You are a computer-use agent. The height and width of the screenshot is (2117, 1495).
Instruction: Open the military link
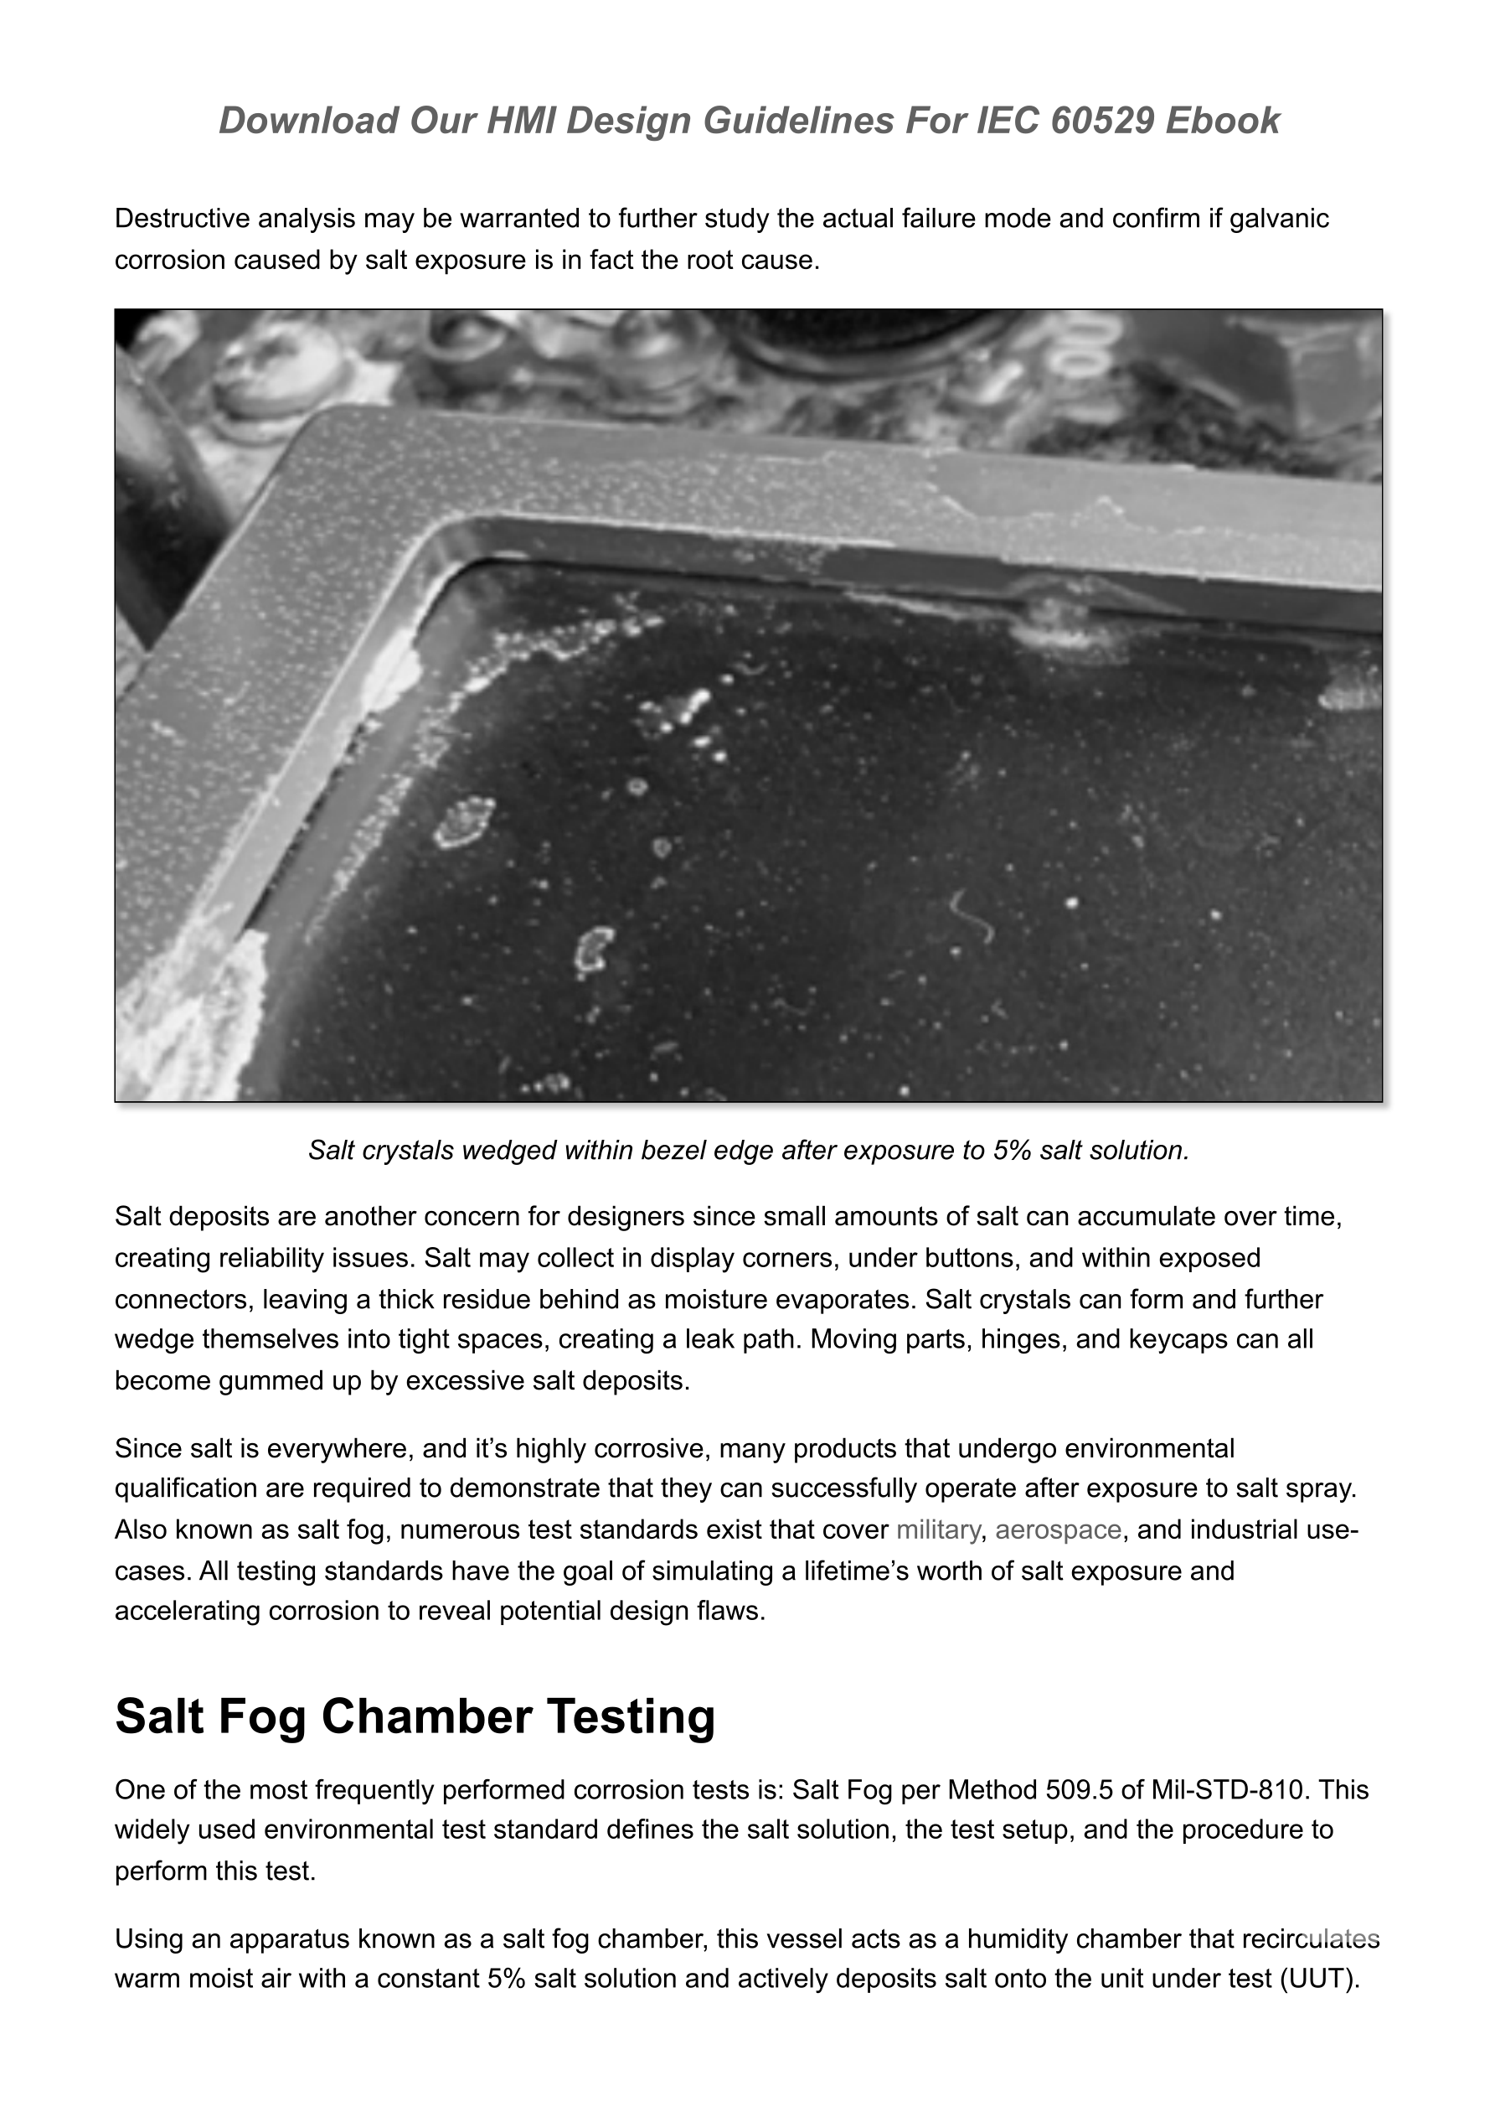(937, 1530)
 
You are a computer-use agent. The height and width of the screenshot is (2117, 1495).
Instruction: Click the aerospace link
(1058, 1530)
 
